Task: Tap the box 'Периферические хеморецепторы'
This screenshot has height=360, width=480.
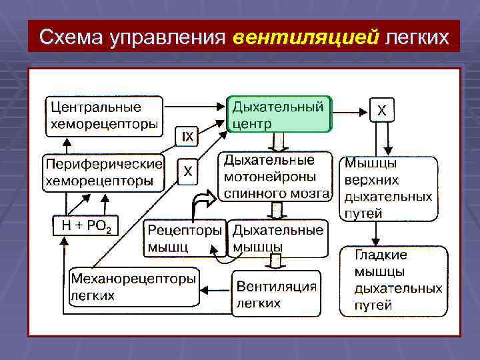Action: pyautogui.click(x=103, y=172)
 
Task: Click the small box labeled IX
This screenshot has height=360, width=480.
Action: pyautogui.click(x=188, y=137)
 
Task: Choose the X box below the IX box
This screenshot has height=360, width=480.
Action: pyautogui.click(x=188, y=171)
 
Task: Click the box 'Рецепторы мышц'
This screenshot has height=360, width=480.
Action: pyautogui.click(x=185, y=238)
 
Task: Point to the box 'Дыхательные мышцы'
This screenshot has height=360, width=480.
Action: pyautogui.click(x=277, y=238)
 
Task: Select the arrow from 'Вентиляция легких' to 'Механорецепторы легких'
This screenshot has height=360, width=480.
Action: pyautogui.click(x=215, y=289)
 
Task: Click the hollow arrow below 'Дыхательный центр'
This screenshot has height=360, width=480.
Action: pyautogui.click(x=276, y=143)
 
